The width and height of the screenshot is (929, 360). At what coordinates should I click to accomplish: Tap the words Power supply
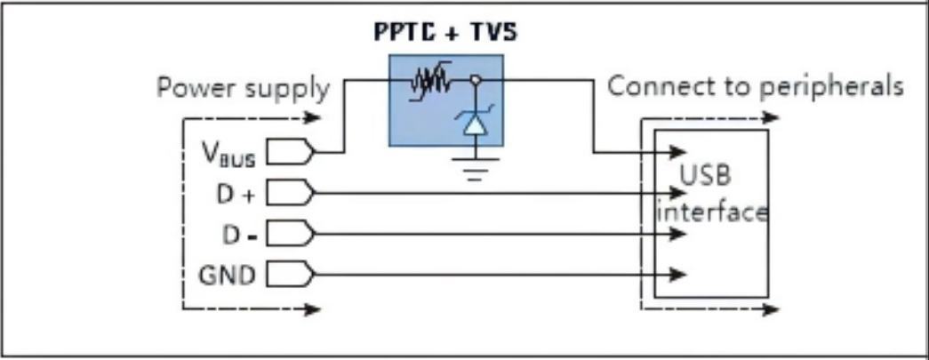[243, 89]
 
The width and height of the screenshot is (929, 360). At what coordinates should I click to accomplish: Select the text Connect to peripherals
[756, 87]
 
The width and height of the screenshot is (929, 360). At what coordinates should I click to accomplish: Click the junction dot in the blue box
[476, 81]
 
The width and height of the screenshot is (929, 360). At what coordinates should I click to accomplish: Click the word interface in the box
[711, 213]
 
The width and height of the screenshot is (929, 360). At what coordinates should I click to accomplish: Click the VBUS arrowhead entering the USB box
[677, 153]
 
